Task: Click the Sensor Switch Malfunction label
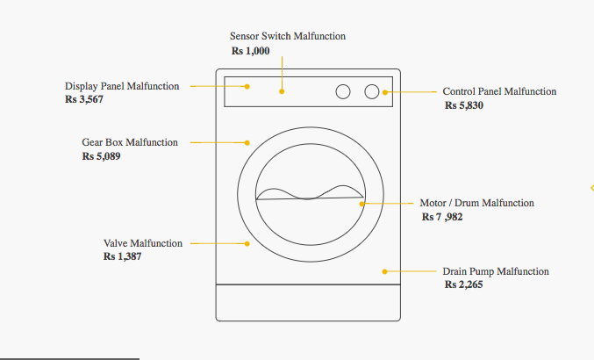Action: pos(288,37)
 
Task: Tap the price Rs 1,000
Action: pos(251,52)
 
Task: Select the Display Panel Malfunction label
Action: pos(122,87)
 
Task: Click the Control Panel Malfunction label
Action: pos(499,91)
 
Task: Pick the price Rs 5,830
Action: pos(464,105)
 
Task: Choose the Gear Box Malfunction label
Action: pos(130,142)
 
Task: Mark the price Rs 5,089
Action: pos(101,156)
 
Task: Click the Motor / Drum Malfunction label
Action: pos(476,203)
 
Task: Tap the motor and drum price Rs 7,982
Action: pos(442,217)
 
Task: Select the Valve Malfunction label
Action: pos(143,243)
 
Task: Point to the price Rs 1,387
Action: pos(123,257)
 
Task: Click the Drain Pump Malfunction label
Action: pos(496,271)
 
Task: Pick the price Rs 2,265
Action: pos(463,284)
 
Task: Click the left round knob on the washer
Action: pos(343,91)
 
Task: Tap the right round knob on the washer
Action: pos(372,91)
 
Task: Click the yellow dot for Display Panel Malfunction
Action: pos(247,86)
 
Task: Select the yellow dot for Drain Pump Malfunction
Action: pos(383,271)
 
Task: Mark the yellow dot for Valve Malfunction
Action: pos(247,243)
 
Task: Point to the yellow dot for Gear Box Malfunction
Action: pos(247,142)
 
